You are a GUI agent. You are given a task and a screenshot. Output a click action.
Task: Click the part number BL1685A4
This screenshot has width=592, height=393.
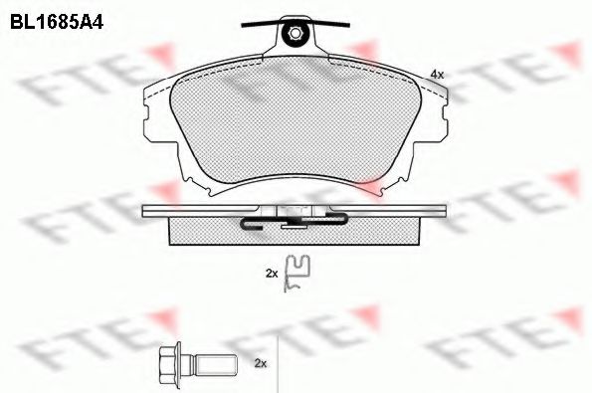[57, 22]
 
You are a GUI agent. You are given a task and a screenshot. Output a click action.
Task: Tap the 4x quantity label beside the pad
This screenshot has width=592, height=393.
[437, 75]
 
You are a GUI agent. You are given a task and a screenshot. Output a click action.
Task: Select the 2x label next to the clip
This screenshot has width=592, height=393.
[272, 274]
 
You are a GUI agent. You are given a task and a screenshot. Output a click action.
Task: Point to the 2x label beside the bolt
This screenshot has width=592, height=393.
[261, 363]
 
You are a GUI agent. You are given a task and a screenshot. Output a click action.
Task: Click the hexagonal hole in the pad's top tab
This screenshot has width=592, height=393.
[295, 34]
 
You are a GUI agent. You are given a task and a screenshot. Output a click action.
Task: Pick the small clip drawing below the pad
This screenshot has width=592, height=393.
[297, 273]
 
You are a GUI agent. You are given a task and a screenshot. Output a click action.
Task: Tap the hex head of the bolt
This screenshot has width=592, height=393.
[167, 363]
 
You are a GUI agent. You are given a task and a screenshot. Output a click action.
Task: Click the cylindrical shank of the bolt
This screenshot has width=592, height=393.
[215, 363]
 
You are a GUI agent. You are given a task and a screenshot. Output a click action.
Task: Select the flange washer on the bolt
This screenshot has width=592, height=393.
[178, 363]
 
